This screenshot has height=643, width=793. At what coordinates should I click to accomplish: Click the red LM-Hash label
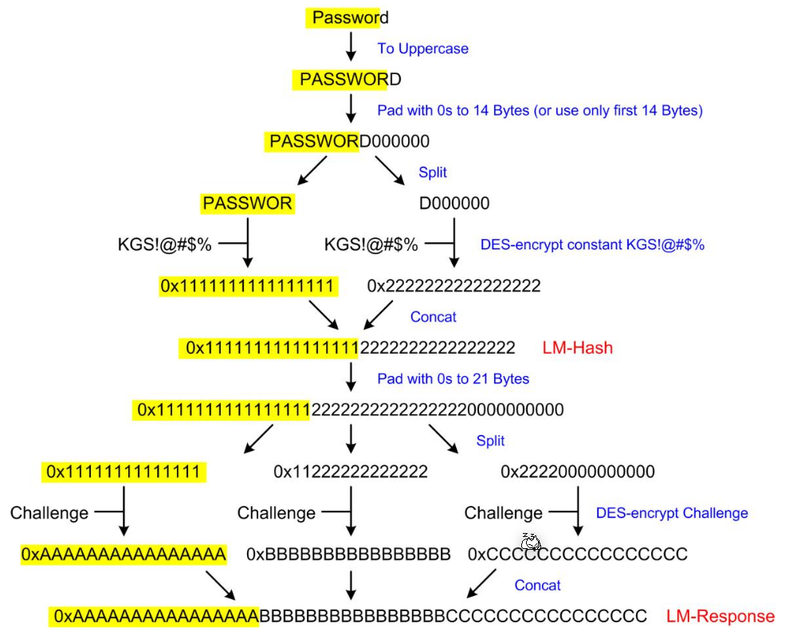(577, 347)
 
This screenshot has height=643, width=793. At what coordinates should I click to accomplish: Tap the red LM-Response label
(720, 616)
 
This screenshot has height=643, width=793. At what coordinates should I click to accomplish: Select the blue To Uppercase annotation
(422, 49)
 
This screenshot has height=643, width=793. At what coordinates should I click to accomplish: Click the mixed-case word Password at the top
(350, 17)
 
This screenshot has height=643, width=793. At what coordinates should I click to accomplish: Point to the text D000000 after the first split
(454, 204)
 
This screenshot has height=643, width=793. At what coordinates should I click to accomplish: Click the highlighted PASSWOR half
(247, 204)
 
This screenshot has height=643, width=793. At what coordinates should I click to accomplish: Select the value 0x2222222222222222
(453, 285)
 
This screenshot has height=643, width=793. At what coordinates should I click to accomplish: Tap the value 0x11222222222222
(351, 472)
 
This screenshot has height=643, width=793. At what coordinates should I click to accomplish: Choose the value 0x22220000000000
(578, 472)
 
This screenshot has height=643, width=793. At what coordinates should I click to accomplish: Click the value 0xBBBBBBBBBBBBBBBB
(348, 554)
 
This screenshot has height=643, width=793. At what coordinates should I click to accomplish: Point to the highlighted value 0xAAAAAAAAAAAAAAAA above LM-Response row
(124, 554)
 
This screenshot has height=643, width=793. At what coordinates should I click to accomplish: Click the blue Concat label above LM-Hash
(433, 317)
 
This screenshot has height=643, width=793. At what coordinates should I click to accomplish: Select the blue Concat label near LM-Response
(537, 585)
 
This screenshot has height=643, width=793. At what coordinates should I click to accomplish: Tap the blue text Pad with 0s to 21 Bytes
(453, 378)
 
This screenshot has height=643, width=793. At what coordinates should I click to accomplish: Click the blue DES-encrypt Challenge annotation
(672, 513)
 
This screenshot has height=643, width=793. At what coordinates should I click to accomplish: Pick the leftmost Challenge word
(49, 513)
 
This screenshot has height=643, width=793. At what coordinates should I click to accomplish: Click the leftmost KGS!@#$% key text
(164, 244)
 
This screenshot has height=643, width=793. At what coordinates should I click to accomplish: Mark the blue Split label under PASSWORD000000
(433, 172)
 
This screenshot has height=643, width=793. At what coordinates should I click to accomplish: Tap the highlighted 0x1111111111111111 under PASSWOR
(247, 285)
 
